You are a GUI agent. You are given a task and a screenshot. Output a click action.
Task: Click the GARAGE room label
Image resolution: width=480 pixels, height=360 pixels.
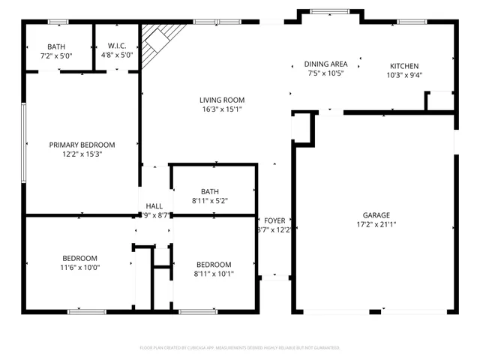(376, 214)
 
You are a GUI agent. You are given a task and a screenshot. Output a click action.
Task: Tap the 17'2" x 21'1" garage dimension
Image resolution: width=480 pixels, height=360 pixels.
(376, 223)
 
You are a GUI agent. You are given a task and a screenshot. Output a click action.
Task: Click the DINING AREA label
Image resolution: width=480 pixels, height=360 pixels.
(325, 64)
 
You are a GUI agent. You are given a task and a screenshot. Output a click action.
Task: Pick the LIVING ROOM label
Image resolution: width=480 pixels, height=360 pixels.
(222, 100)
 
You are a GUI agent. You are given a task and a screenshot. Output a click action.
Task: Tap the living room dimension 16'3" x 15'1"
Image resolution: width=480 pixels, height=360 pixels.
(222, 109)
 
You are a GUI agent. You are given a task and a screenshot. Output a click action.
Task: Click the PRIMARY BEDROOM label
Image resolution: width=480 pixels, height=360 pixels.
(82, 145)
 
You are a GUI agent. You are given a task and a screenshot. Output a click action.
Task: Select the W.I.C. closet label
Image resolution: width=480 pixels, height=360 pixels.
(117, 46)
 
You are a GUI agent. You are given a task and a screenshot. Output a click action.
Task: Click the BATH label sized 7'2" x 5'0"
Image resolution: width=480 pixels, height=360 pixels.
(56, 46)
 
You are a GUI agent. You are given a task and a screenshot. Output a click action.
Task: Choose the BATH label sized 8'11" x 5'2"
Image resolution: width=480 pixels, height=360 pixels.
(210, 191)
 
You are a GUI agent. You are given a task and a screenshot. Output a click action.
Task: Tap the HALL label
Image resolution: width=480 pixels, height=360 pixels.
(154, 205)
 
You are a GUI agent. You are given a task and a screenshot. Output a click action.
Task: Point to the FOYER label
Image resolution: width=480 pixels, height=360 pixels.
(274, 220)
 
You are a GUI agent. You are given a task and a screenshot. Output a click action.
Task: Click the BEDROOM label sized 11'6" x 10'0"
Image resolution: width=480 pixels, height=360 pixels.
(79, 258)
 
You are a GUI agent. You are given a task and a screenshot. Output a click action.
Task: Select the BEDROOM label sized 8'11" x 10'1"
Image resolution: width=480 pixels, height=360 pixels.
(214, 264)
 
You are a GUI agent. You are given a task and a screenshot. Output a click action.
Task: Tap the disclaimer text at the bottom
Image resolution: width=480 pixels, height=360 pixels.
(240, 348)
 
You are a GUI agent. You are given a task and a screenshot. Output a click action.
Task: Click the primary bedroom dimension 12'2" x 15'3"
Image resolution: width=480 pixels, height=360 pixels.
(82, 154)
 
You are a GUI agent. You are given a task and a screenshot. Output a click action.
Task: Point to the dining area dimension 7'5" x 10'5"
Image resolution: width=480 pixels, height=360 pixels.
(325, 73)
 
